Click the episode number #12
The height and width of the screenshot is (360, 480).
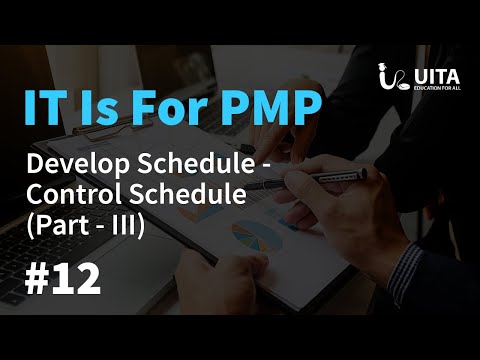click(61, 279)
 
